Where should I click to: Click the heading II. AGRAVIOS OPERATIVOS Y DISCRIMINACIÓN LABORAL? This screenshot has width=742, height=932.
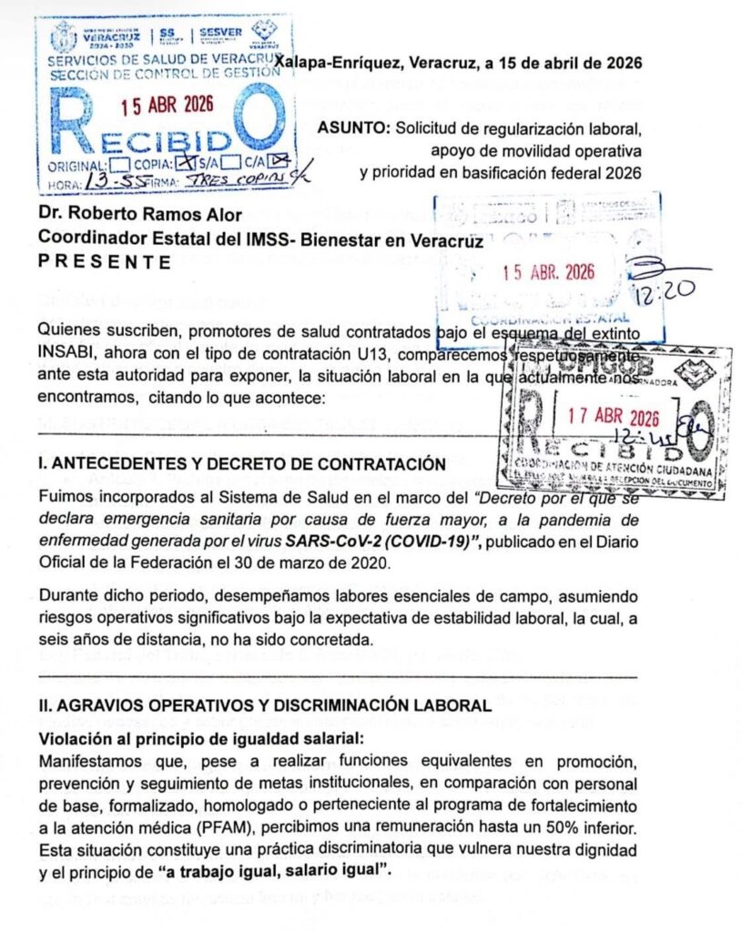[264, 705]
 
